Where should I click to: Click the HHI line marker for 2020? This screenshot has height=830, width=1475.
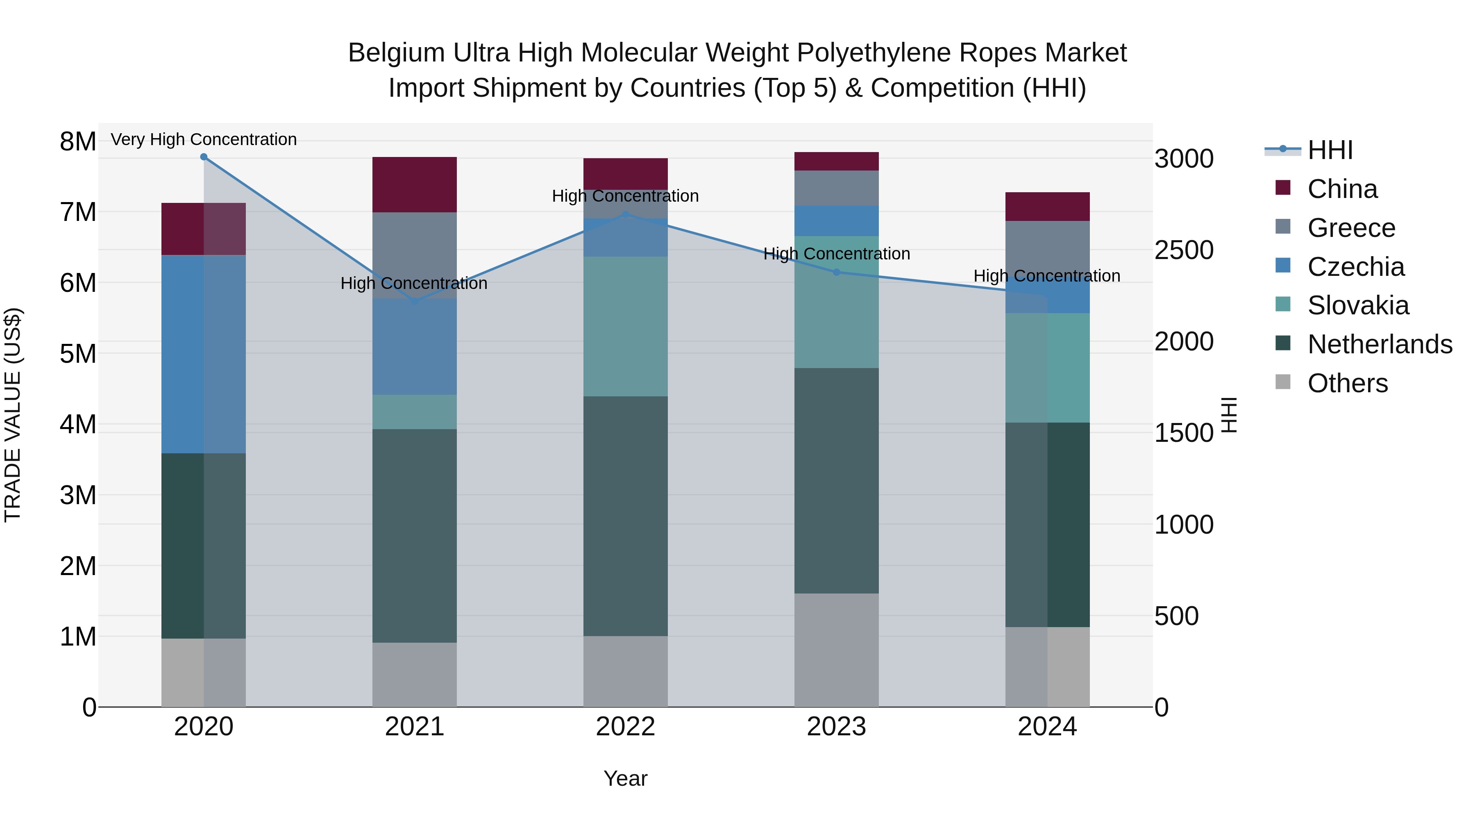pyautogui.click(x=204, y=157)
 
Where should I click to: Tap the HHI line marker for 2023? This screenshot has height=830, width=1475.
pyautogui.click(x=837, y=272)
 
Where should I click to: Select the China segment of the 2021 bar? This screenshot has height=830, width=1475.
pyautogui.click(x=415, y=184)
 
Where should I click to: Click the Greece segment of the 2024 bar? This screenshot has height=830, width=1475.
pyautogui.click(x=1047, y=246)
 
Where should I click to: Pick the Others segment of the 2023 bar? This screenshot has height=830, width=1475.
pyautogui.click(x=837, y=650)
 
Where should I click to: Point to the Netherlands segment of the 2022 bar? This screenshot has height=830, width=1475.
pyautogui.click(x=625, y=516)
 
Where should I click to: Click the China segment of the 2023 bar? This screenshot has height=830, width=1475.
pyautogui.click(x=837, y=161)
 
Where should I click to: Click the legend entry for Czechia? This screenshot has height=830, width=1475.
pyautogui.click(x=1355, y=267)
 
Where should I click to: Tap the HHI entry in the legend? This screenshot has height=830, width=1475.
pyautogui.click(x=1330, y=150)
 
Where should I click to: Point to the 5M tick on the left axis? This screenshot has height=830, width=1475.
pyautogui.click(x=78, y=353)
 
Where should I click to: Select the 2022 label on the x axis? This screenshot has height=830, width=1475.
pyautogui.click(x=625, y=727)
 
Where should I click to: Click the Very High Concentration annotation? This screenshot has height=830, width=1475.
pyautogui.click(x=204, y=139)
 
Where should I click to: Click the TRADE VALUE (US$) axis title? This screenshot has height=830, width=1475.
pyautogui.click(x=13, y=415)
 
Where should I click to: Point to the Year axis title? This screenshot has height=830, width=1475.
pyautogui.click(x=625, y=778)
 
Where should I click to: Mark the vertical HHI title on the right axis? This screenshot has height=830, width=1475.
pyautogui.click(x=1229, y=415)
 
